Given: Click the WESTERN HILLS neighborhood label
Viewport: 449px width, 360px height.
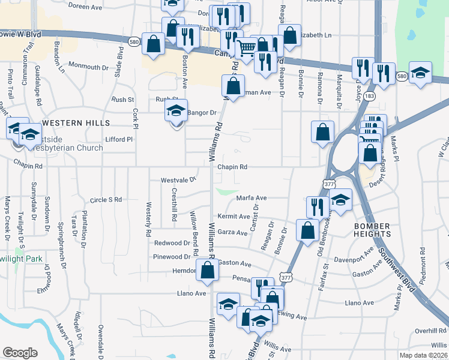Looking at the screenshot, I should tap(76, 122).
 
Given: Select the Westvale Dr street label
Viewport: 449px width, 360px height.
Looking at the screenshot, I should tap(178, 179).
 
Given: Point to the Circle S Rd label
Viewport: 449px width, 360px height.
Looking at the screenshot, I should tap(105, 199).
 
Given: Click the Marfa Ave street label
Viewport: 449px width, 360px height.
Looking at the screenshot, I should tap(252, 197).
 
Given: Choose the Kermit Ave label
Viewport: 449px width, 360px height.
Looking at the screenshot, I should tap(234, 216).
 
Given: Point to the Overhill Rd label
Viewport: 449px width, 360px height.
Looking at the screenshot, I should tap(430, 331).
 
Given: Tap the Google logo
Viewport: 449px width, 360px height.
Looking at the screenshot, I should tap(20, 353).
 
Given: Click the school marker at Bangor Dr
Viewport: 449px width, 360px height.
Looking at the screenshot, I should tap(176, 111).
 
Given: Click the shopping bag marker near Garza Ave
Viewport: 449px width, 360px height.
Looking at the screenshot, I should tap(307, 230).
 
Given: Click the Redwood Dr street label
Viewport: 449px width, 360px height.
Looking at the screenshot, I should tap(172, 243).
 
